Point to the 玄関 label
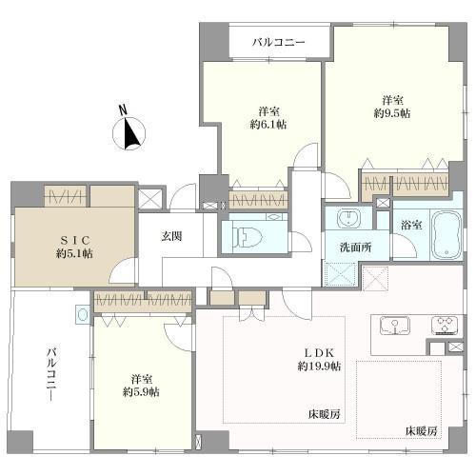[x=171, y=237]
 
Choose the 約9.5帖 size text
[x=392, y=113]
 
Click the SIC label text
[x=74, y=239]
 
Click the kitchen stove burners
[x=444, y=326]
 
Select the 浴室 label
[x=411, y=227]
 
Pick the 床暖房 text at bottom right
[x=420, y=431]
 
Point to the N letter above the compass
[x=122, y=109]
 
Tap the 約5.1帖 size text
[x=74, y=253]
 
